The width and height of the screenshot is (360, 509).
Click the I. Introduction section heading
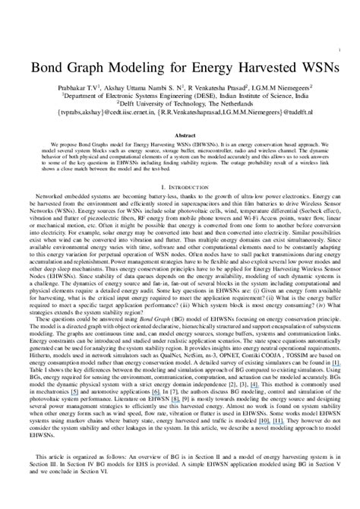180,186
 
